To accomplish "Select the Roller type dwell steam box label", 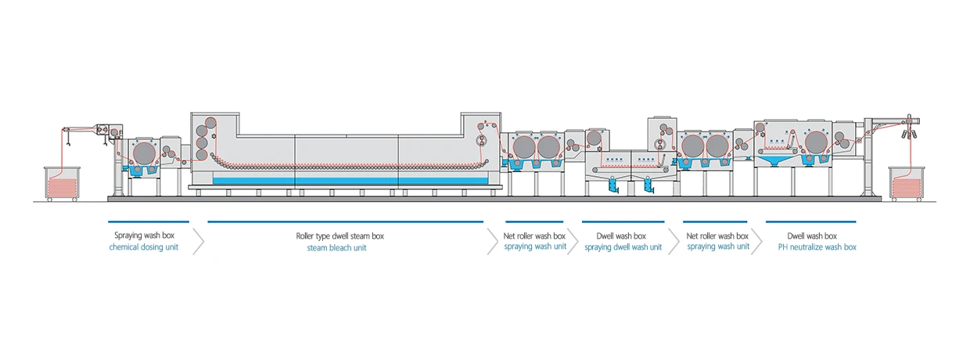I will coord(339,236).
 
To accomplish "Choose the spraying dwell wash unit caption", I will coord(623,247).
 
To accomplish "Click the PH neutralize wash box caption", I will coord(817,247).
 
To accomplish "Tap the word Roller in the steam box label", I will coord(307,236).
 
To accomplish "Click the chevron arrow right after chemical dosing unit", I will coord(199,241).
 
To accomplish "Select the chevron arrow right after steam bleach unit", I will coord(492,241).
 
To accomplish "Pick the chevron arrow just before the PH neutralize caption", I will coord(756,241).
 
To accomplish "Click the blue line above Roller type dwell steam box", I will coord(345,222).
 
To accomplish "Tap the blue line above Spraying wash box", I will coord(149,222).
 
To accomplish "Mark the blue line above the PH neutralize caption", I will coord(810,222).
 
